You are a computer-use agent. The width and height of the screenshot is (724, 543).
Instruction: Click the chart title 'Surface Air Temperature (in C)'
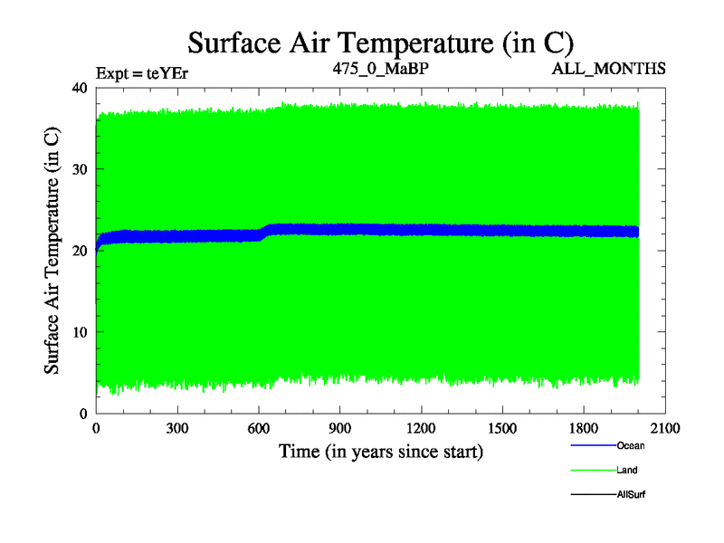(x=381, y=43)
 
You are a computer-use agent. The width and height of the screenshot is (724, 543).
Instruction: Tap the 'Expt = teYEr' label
(x=143, y=70)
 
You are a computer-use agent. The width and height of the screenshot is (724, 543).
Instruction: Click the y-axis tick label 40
(x=79, y=88)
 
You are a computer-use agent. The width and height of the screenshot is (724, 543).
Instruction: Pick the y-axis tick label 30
(x=79, y=169)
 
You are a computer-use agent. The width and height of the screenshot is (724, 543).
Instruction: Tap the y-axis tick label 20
(x=79, y=251)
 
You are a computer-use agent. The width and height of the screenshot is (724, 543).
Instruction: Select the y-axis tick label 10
(x=79, y=332)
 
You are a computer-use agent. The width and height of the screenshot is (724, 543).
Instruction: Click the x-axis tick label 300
(x=177, y=429)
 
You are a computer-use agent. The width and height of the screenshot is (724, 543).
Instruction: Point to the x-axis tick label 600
(x=259, y=429)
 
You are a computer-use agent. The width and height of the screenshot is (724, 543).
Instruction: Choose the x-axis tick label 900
(x=340, y=429)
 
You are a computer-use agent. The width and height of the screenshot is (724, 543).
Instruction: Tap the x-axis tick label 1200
(x=422, y=429)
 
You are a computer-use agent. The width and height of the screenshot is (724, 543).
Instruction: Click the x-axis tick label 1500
(x=503, y=429)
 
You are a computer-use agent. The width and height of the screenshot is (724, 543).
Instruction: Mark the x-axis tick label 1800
(x=585, y=429)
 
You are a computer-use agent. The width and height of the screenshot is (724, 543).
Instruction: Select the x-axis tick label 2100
(x=665, y=429)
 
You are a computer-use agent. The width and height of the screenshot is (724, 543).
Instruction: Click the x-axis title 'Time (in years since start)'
(x=380, y=451)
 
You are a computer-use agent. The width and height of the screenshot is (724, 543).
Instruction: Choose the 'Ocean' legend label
(x=631, y=445)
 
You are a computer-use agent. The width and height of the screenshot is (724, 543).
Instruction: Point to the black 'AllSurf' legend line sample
(x=593, y=494)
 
